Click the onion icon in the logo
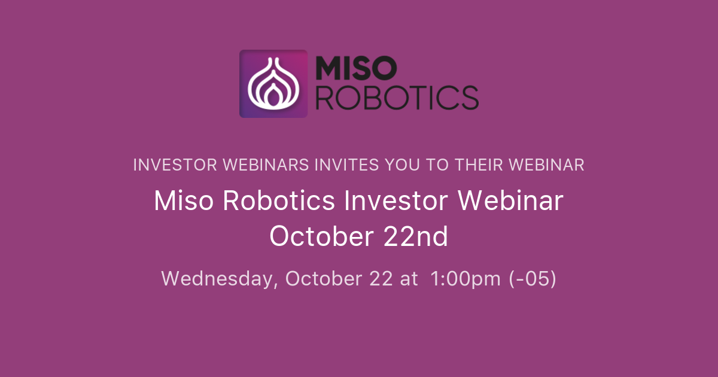[x=273, y=84]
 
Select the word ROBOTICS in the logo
[x=397, y=98]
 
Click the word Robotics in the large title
[x=279, y=201]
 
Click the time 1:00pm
[x=466, y=279]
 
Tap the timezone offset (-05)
[x=533, y=279]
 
